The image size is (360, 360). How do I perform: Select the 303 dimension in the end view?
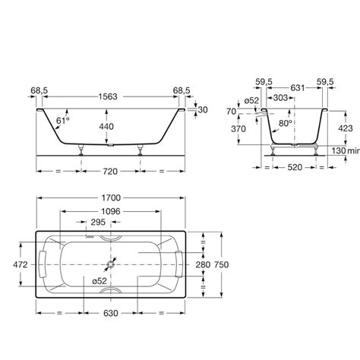click(x=280, y=99)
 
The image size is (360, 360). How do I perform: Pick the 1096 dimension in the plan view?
click(x=111, y=210)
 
